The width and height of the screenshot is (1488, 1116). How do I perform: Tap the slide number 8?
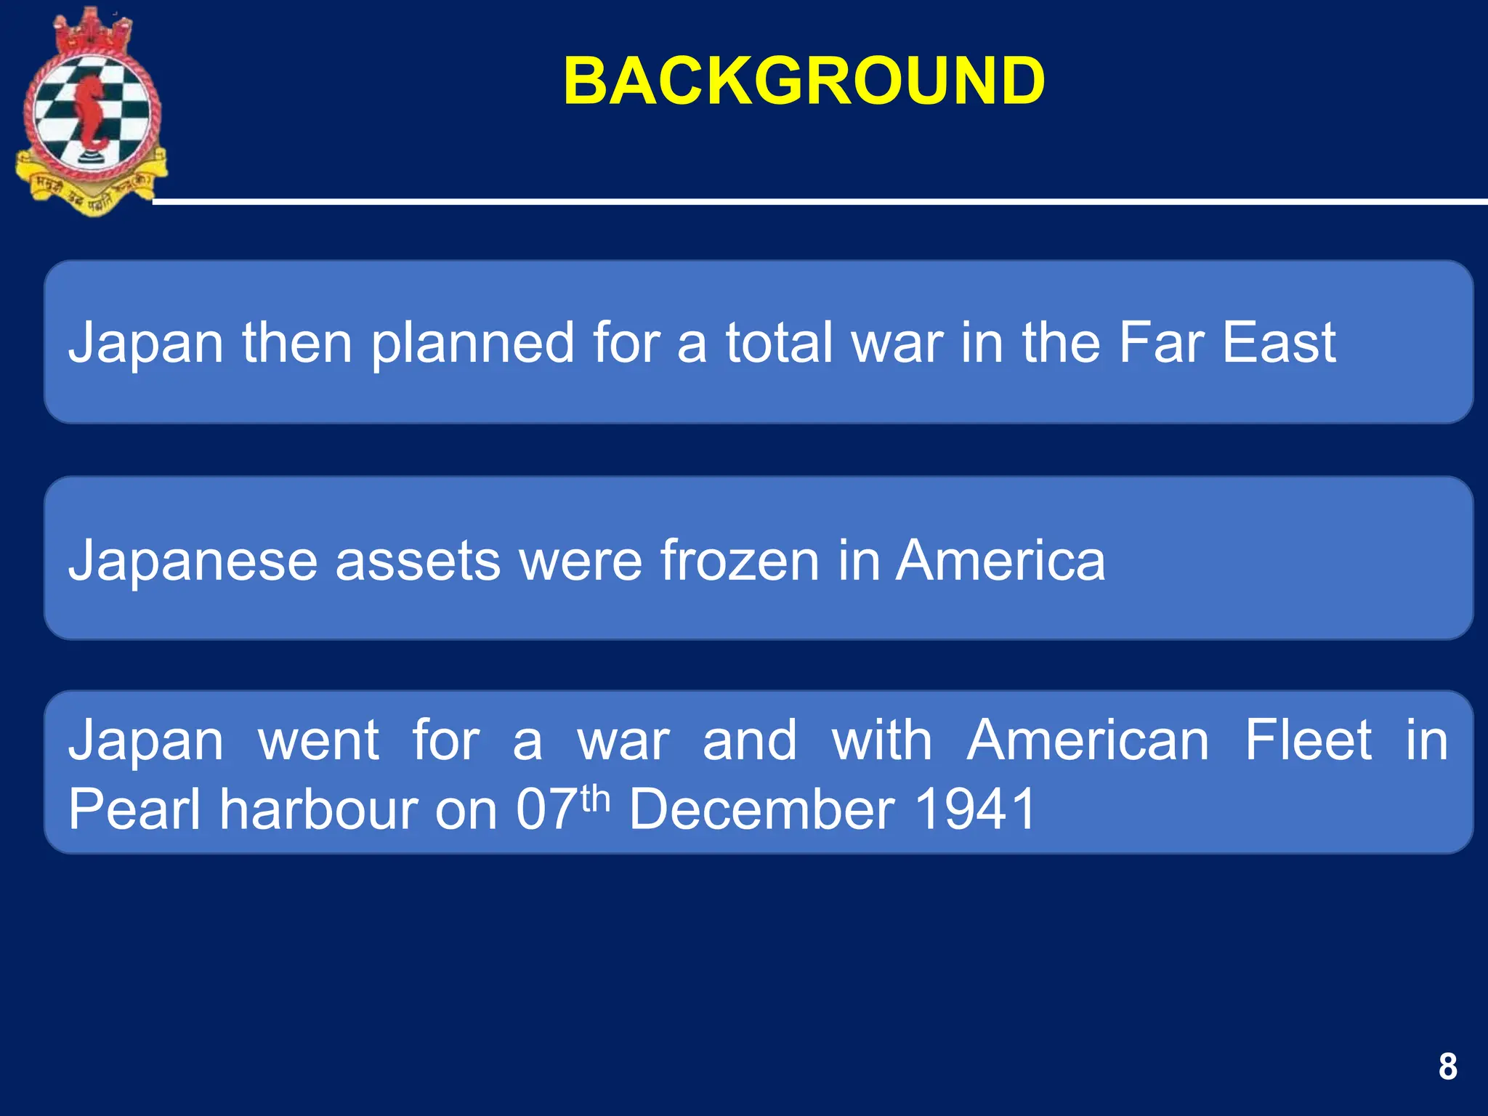(x=1447, y=1067)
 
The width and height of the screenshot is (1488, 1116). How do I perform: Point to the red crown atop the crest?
(x=90, y=30)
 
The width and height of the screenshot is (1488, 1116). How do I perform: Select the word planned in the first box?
(x=473, y=343)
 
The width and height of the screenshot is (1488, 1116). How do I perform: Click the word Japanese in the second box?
(x=193, y=561)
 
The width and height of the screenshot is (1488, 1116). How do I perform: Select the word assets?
(x=418, y=561)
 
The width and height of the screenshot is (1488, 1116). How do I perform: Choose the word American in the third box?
(x=1088, y=740)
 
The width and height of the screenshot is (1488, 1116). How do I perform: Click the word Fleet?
(x=1308, y=740)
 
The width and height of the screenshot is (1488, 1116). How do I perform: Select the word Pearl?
(x=134, y=809)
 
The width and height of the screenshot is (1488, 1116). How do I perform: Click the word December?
(x=761, y=809)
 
